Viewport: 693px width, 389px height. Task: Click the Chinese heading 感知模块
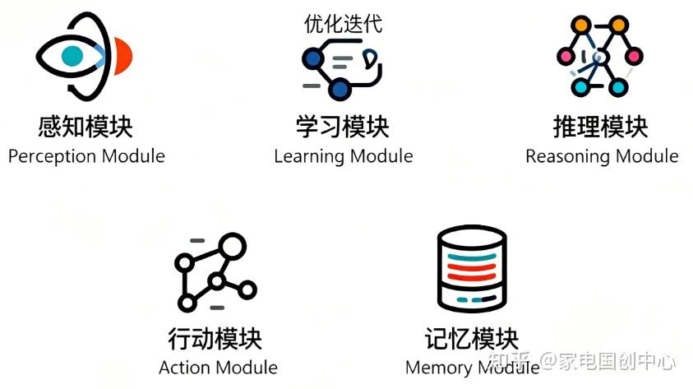pyautogui.click(x=85, y=127)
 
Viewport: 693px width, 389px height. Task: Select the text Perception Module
pyautogui.click(x=86, y=155)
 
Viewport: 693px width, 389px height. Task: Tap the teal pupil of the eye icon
pyautogui.click(x=72, y=56)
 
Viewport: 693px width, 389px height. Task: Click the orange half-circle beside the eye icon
pyautogui.click(x=124, y=56)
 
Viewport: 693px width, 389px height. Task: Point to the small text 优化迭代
pyautogui.click(x=343, y=24)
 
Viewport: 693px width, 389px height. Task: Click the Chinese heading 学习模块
pyautogui.click(x=343, y=127)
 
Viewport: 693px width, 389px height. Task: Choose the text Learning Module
pyautogui.click(x=344, y=155)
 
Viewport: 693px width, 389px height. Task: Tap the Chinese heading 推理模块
pyautogui.click(x=601, y=127)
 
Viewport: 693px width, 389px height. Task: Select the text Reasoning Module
pyautogui.click(x=602, y=155)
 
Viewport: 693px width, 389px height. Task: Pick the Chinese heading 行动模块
pyautogui.click(x=215, y=338)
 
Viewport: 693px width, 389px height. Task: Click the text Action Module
pyautogui.click(x=218, y=367)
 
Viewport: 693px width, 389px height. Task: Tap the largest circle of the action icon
pyautogui.click(x=233, y=245)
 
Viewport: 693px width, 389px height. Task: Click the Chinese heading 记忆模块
pyautogui.click(x=473, y=338)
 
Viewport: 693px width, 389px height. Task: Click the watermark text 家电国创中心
pyautogui.click(x=617, y=361)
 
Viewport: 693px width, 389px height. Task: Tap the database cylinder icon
pyautogui.click(x=472, y=270)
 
